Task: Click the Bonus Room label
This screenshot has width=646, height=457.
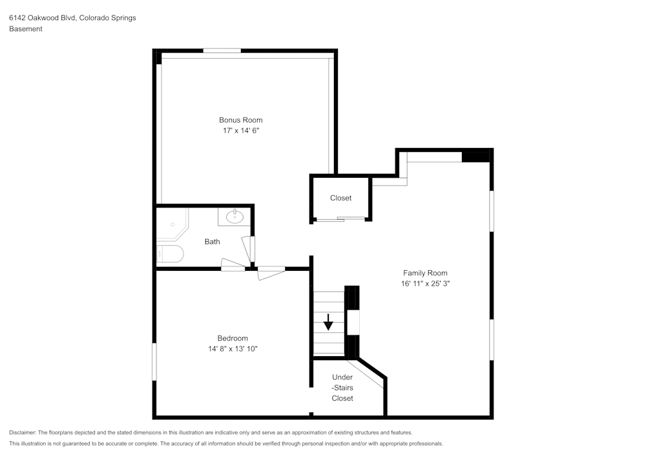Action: pyautogui.click(x=240, y=120)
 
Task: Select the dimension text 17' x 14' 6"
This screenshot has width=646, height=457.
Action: pyautogui.click(x=240, y=131)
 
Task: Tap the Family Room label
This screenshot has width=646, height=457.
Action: pyautogui.click(x=425, y=273)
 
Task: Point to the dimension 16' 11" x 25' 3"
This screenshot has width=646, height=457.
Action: pyautogui.click(x=425, y=284)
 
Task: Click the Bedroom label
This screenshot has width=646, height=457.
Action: pyautogui.click(x=233, y=338)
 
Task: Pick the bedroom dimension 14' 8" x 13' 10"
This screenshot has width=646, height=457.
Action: pyautogui.click(x=233, y=349)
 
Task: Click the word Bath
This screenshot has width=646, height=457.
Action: pyautogui.click(x=212, y=242)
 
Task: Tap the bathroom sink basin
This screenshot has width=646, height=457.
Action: pyautogui.click(x=234, y=216)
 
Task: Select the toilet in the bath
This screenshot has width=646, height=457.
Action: pyautogui.click(x=170, y=254)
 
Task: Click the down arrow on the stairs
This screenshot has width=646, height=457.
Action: pyautogui.click(x=329, y=321)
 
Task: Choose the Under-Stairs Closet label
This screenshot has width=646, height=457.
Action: pyautogui.click(x=342, y=387)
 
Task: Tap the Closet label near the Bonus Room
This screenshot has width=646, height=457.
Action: pyautogui.click(x=340, y=198)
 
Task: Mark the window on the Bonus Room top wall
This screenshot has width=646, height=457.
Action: pyautogui.click(x=222, y=50)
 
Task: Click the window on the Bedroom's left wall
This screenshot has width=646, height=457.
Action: pyautogui.click(x=154, y=361)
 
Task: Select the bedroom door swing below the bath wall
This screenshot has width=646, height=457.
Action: pyautogui.click(x=271, y=273)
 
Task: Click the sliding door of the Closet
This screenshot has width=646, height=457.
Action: pyautogui.click(x=340, y=219)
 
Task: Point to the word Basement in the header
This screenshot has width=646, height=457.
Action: pyautogui.click(x=26, y=29)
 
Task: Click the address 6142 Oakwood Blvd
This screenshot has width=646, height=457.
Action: pyautogui.click(x=42, y=18)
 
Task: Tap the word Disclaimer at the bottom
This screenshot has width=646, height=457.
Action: pyautogui.click(x=23, y=432)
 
